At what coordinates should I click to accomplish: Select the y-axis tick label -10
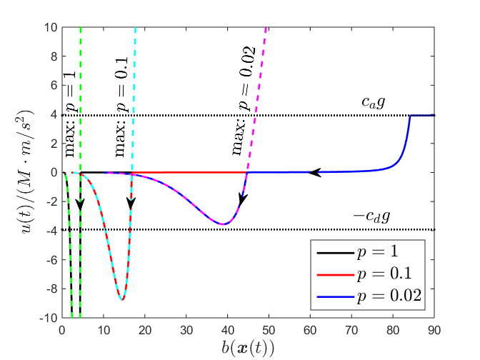click(x=48, y=317)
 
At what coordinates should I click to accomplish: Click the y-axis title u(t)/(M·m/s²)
click(x=24, y=172)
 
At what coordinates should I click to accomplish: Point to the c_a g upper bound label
click(x=373, y=103)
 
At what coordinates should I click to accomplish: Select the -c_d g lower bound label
click(x=370, y=215)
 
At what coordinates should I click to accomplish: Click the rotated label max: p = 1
click(x=71, y=127)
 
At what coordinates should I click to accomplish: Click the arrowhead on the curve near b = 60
click(x=314, y=172)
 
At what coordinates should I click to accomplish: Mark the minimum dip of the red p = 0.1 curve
click(x=122, y=299)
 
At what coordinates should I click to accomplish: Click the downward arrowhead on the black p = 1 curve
click(x=80, y=205)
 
